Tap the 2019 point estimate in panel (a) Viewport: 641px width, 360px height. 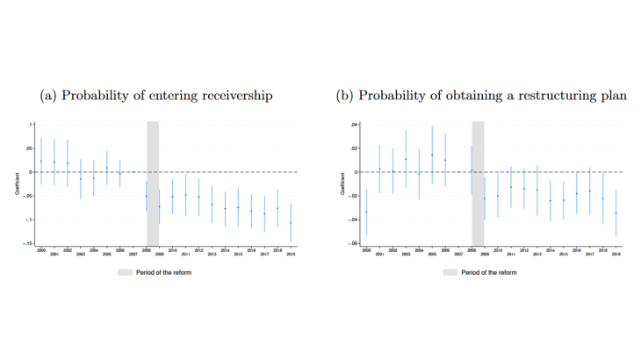click(x=291, y=223)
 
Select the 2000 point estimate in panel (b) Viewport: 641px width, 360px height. click(x=367, y=212)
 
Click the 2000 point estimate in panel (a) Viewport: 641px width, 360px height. click(x=41, y=161)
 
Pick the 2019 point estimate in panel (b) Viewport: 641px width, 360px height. click(x=616, y=212)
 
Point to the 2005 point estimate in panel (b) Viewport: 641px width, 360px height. click(x=432, y=155)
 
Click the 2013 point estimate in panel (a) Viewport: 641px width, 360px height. click(x=212, y=204)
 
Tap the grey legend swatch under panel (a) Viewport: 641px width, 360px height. click(x=124, y=272)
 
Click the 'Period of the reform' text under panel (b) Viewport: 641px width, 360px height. click(x=489, y=272)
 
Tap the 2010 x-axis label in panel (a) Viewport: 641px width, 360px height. click(x=172, y=250)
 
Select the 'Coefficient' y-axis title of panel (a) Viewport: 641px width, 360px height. click(x=18, y=184)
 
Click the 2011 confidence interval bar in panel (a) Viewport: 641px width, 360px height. click(x=185, y=195)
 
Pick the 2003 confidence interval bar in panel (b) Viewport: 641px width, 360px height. click(x=406, y=159)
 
